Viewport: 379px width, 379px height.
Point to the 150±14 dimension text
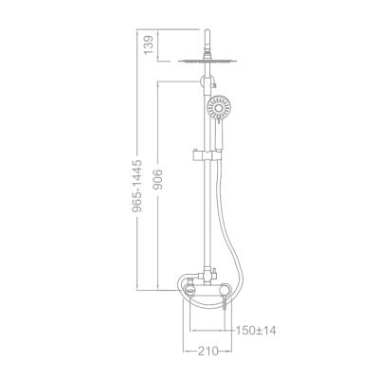pyautogui.click(x=256, y=330)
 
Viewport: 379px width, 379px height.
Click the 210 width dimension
pyautogui.click(x=207, y=352)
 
